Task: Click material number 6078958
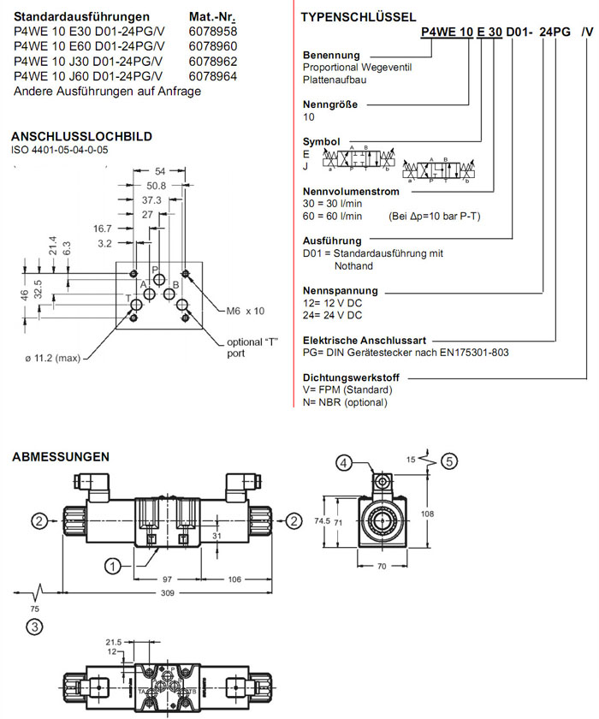click(x=212, y=32)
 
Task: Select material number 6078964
click(x=212, y=77)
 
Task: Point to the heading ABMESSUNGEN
click(x=61, y=457)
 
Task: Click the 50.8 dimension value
click(x=156, y=185)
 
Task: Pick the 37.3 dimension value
click(x=151, y=199)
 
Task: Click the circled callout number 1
click(x=112, y=565)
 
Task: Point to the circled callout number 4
click(x=343, y=463)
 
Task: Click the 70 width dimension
click(x=383, y=566)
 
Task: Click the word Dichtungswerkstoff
click(x=353, y=377)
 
